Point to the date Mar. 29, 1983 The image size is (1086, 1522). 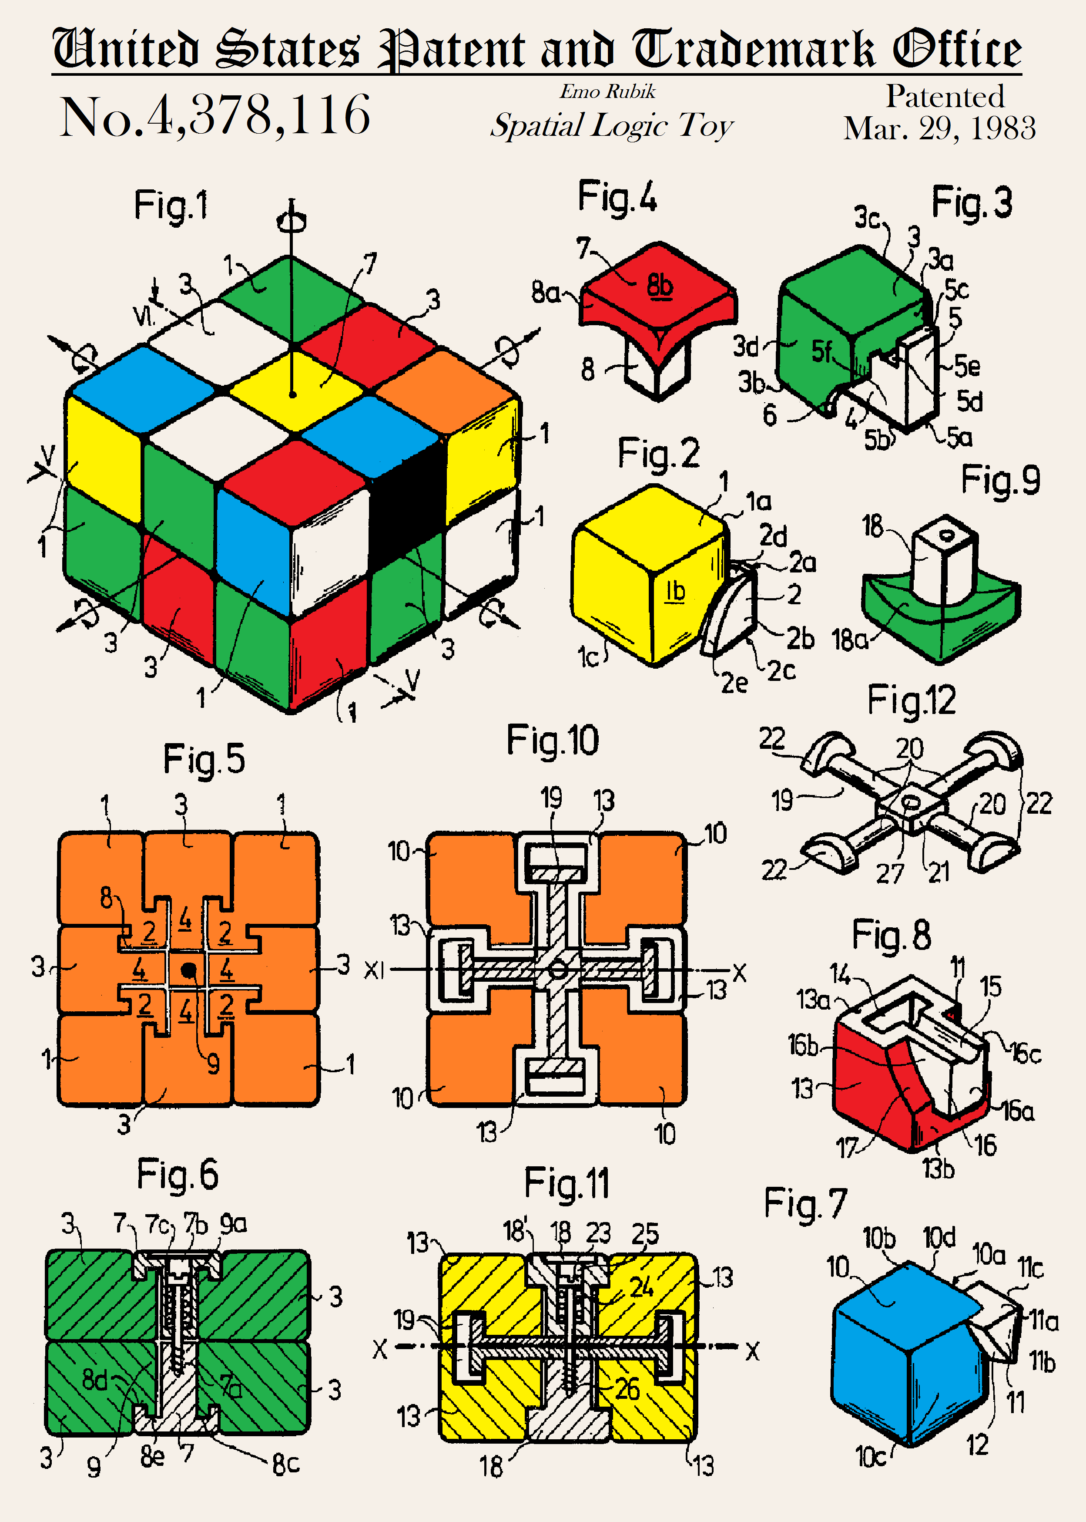pyautogui.click(x=939, y=128)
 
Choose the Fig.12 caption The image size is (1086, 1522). pyautogui.click(x=912, y=701)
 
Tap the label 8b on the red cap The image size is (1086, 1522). pyautogui.click(x=659, y=285)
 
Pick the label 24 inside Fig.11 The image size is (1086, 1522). pyautogui.click(x=642, y=1286)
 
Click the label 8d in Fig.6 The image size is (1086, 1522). pyautogui.click(x=94, y=1378)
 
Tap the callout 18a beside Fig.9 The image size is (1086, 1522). pyautogui.click(x=849, y=640)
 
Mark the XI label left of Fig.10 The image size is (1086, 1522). pyautogui.click(x=375, y=970)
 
